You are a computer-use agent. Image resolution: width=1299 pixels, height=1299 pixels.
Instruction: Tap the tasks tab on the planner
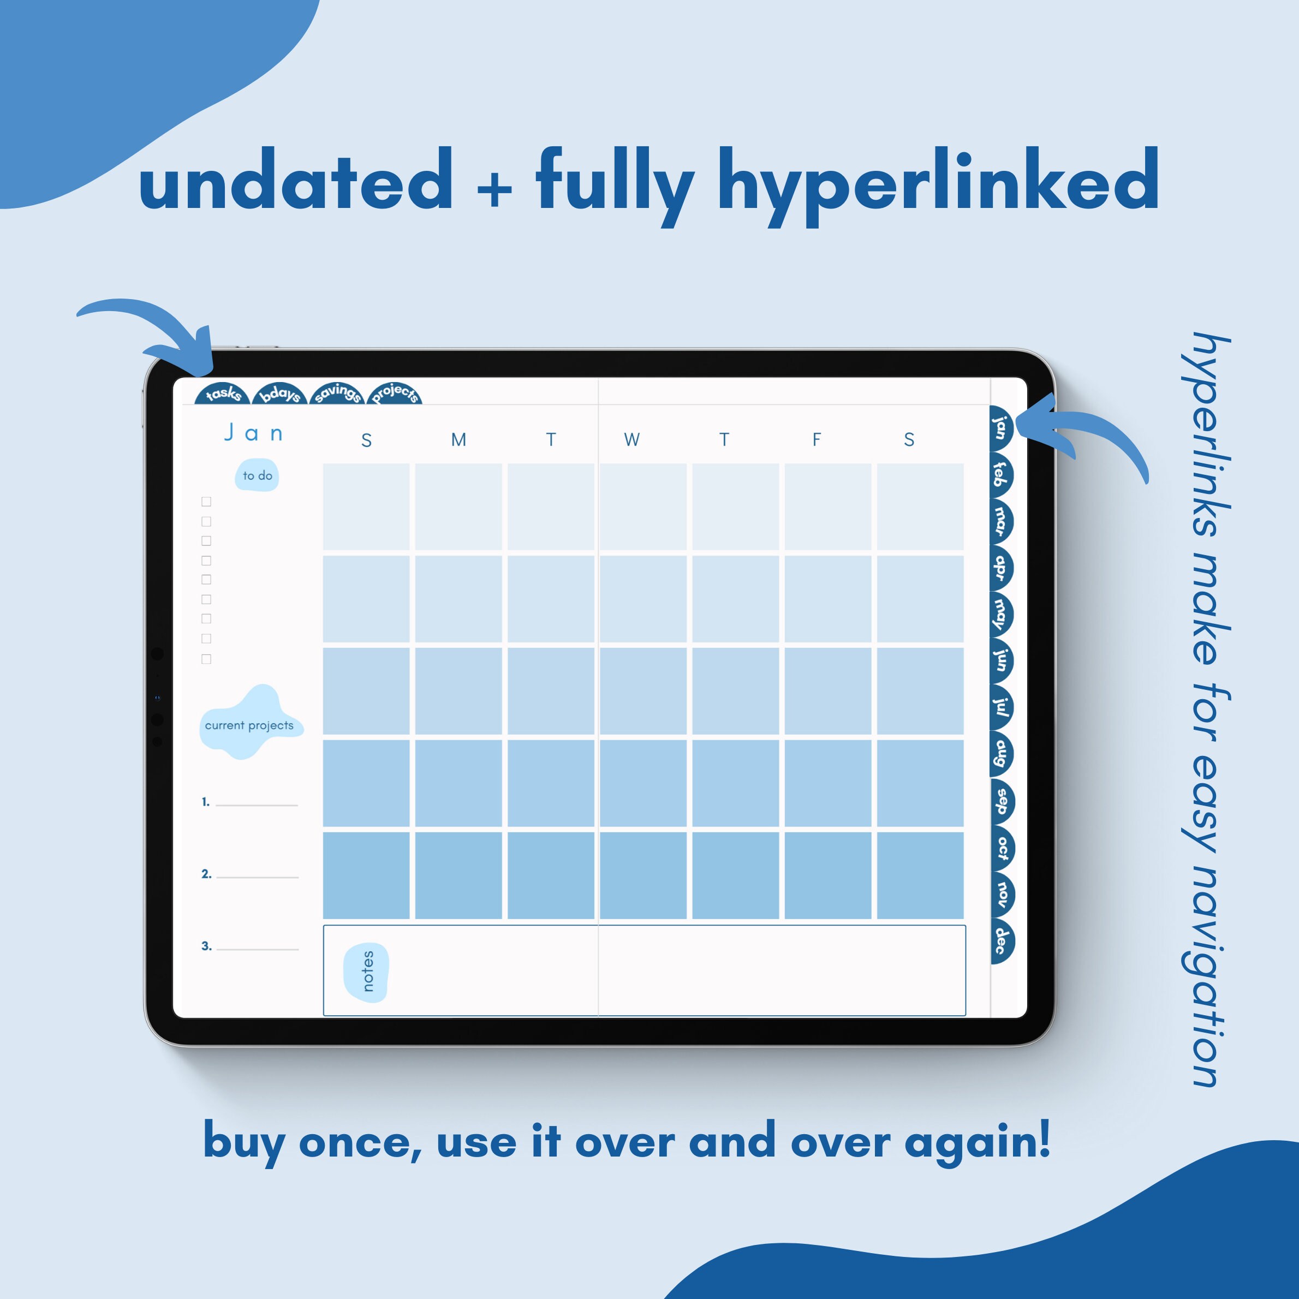(x=223, y=394)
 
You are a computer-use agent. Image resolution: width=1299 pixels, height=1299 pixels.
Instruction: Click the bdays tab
(x=279, y=394)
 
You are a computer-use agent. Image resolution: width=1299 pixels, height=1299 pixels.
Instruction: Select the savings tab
(x=337, y=394)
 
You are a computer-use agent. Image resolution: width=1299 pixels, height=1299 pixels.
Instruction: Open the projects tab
(x=395, y=394)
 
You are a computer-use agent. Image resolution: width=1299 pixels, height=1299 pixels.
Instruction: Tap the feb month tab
(x=1000, y=475)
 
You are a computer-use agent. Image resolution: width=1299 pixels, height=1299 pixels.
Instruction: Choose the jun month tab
(x=1000, y=660)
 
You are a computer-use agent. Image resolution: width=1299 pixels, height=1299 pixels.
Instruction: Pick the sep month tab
(x=1001, y=801)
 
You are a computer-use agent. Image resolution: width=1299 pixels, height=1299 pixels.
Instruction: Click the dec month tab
(x=1001, y=940)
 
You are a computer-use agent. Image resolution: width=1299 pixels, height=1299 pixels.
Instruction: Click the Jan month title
(x=253, y=433)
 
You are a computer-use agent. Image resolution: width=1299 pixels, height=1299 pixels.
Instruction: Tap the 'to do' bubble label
(x=258, y=476)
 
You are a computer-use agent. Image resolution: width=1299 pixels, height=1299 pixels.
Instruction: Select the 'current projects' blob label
(x=249, y=725)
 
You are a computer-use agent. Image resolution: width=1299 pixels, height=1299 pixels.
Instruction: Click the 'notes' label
(x=367, y=971)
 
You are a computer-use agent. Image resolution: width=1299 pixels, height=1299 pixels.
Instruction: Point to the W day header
(x=631, y=440)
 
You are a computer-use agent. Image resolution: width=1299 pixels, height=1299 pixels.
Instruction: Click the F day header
(x=817, y=440)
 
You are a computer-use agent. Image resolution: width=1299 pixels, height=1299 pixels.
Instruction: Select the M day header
(x=458, y=440)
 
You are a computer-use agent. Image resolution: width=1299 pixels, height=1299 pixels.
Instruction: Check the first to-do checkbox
(x=206, y=502)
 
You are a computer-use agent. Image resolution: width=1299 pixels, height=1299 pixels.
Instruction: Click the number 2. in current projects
(x=206, y=874)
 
